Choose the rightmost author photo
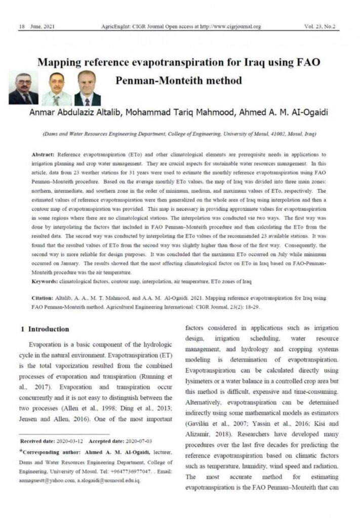87,88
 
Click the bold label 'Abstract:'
44,153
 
